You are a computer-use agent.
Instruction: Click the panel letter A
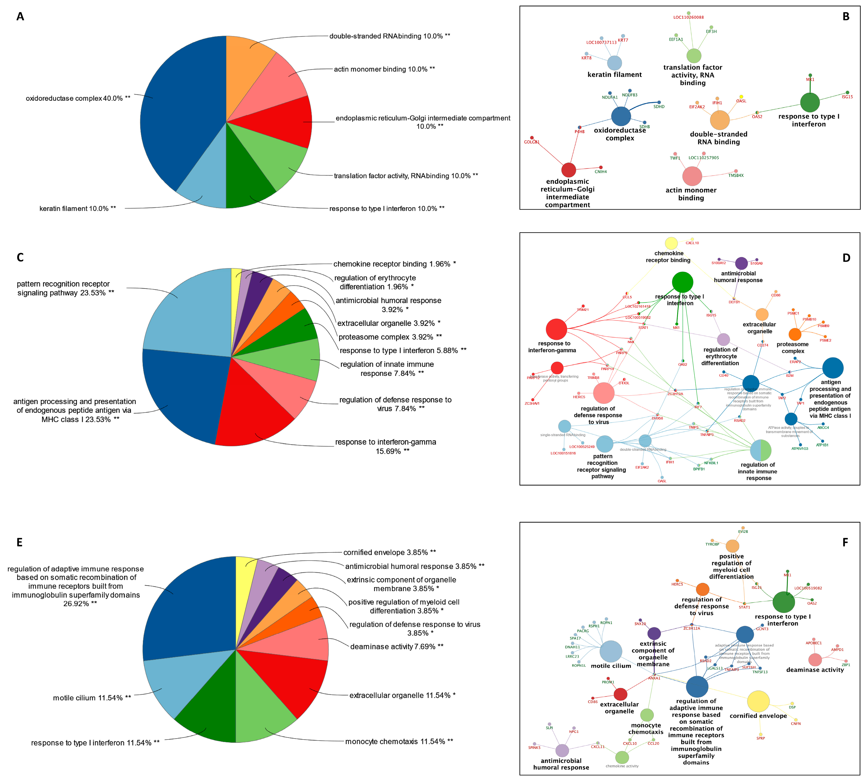[20, 17]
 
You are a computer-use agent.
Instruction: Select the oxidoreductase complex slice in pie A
[180, 111]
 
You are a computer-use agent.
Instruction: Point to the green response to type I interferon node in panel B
[809, 102]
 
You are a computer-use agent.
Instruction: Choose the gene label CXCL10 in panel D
[692, 243]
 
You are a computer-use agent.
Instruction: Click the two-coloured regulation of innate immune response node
[761, 450]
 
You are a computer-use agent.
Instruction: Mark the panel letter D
[846, 258]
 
